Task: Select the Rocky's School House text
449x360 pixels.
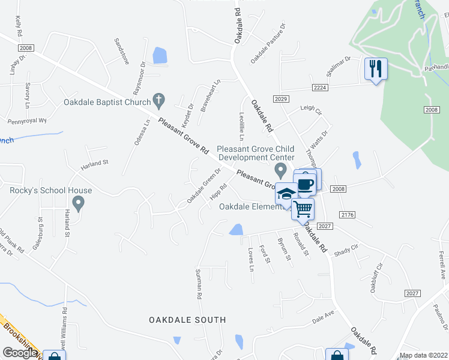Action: (x=51, y=191)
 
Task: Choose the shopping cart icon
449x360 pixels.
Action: (x=303, y=208)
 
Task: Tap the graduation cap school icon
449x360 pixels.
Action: (x=286, y=194)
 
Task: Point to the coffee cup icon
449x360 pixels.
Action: (x=306, y=184)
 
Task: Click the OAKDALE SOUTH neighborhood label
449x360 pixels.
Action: (x=187, y=320)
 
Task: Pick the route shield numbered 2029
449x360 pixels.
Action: (x=281, y=99)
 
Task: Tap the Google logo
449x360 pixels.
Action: (x=20, y=353)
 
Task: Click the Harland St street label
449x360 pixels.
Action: (x=95, y=162)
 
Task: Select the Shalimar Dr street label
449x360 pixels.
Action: (x=339, y=66)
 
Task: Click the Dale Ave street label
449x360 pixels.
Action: (x=322, y=316)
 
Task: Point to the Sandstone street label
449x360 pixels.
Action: (x=121, y=51)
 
